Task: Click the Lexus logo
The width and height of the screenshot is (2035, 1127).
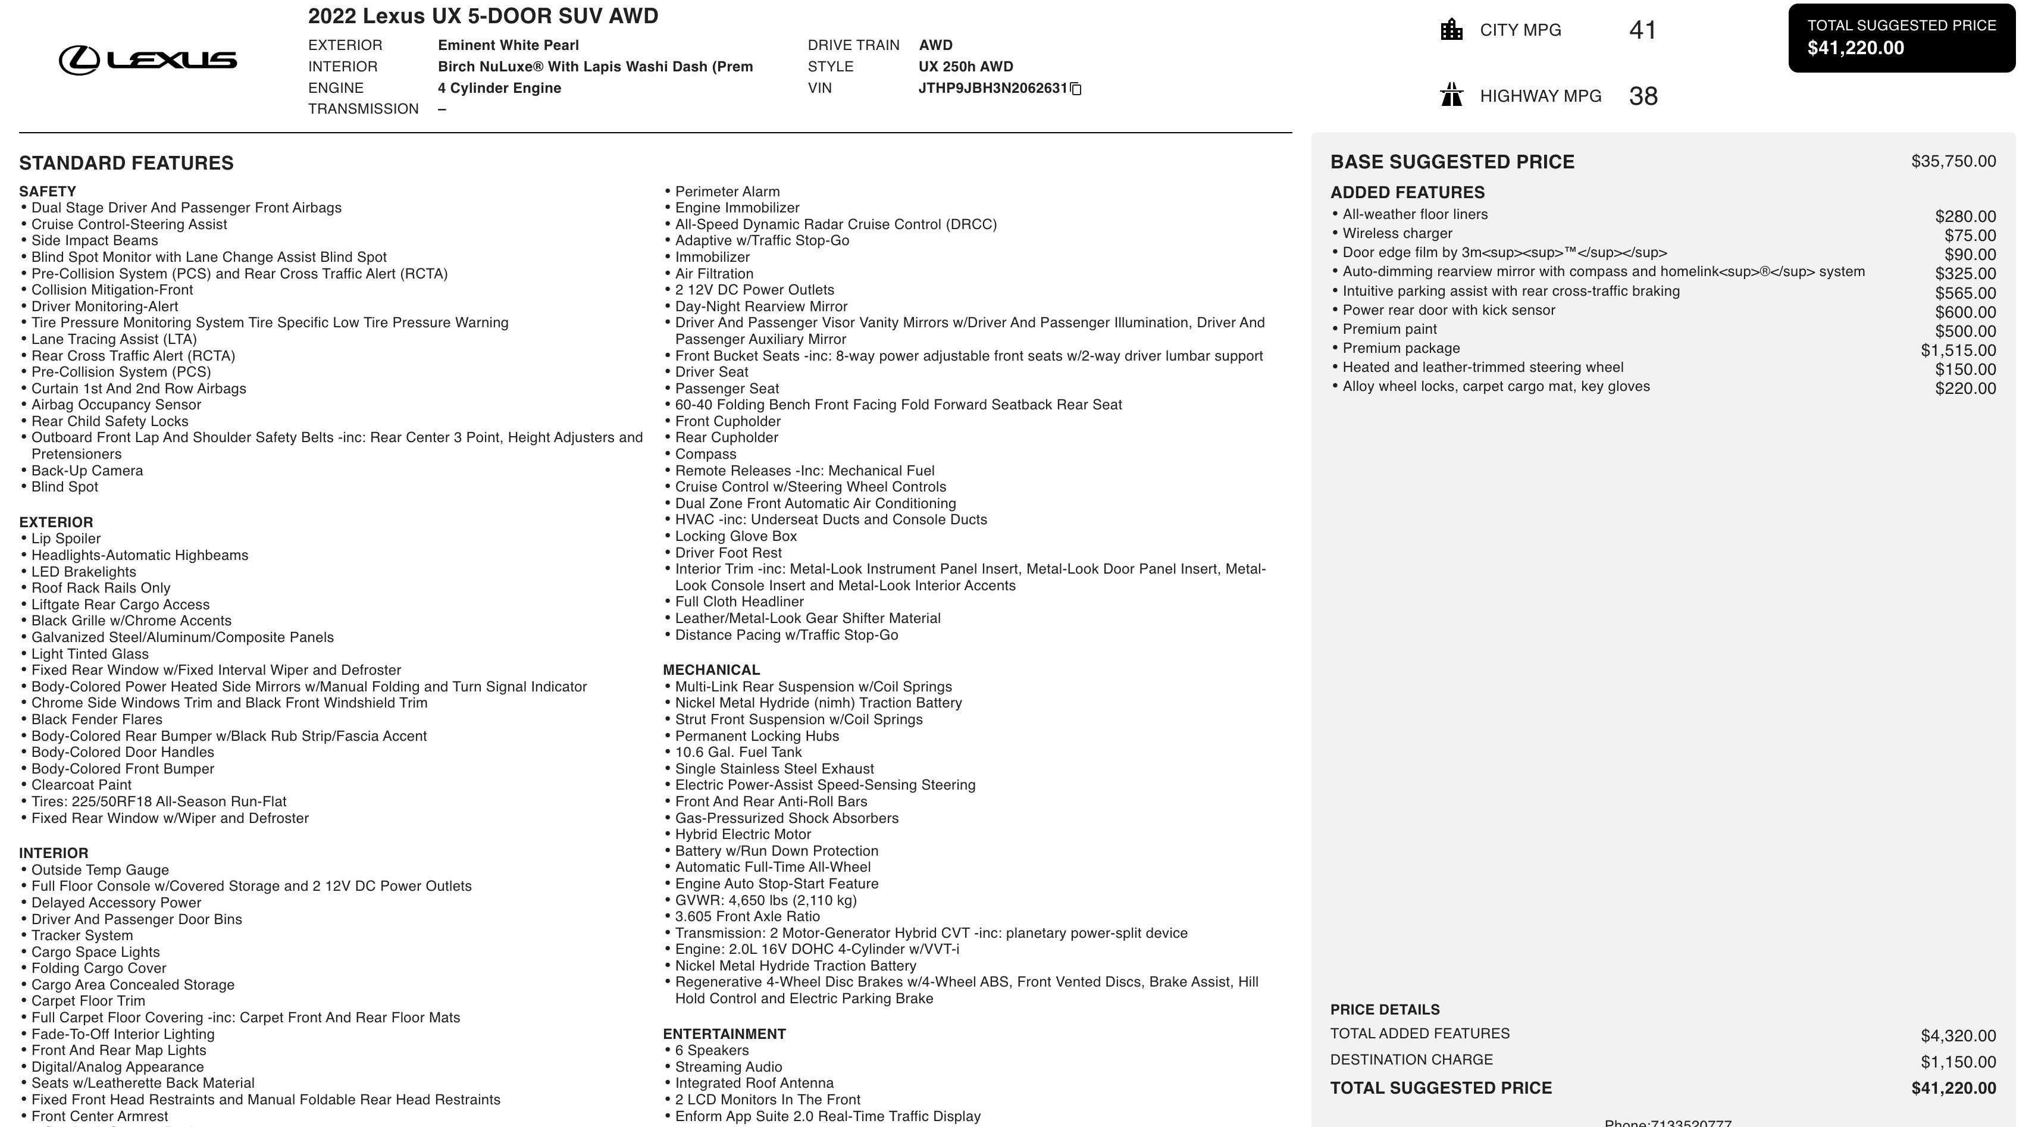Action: click(148, 60)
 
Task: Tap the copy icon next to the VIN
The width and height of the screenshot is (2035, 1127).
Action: click(1075, 89)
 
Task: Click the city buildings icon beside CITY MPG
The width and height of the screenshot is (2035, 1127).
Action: click(1451, 30)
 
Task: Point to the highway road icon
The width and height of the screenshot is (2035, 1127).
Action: click(1451, 96)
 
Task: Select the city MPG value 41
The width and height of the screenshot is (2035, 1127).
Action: click(1642, 30)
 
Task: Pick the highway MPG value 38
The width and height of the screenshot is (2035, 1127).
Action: click(1642, 96)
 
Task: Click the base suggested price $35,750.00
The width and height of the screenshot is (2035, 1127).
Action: click(1953, 161)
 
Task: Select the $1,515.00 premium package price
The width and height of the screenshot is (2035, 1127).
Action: click(1958, 350)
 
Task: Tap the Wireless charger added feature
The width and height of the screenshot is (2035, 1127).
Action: click(1397, 233)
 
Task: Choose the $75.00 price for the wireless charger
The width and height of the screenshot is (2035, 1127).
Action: click(1970, 236)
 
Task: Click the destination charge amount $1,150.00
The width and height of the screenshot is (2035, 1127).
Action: click(1958, 1062)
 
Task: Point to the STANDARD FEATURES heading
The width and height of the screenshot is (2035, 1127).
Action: click(126, 162)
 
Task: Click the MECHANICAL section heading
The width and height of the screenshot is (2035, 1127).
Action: click(711, 670)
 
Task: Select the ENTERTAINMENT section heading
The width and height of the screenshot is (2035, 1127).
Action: click(724, 1034)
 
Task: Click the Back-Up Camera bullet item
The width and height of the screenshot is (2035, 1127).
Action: click(87, 471)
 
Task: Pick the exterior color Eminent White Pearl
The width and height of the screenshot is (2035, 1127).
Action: click(508, 45)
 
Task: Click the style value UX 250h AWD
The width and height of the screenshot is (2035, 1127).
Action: click(965, 66)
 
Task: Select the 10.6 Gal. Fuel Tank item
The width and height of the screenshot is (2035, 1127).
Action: click(738, 752)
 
